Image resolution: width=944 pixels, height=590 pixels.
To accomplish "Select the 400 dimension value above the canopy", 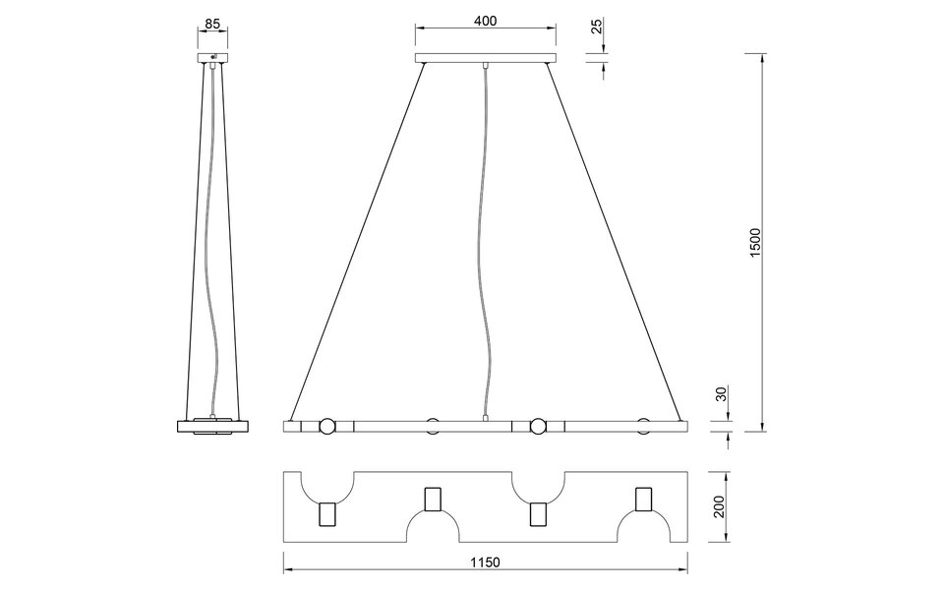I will coord(484,20).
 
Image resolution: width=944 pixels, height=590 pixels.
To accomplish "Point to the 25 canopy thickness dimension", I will coord(597,26).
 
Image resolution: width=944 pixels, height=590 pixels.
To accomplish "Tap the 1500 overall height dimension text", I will coord(755,243).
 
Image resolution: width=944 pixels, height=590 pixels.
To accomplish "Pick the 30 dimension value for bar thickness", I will coord(721,394).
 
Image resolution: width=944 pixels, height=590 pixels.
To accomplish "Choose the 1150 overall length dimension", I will coord(485,562).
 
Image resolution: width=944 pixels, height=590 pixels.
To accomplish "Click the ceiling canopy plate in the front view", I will coord(485,60).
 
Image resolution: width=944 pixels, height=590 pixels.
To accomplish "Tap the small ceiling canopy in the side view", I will coord(212,60).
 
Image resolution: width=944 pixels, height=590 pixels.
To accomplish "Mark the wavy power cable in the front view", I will coord(484,246).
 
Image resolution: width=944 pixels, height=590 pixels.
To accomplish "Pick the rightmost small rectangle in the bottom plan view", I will coord(644,500).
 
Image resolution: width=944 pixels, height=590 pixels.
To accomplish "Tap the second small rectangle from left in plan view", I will coord(433,500).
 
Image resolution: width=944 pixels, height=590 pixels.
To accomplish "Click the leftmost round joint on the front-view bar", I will coord(325,427).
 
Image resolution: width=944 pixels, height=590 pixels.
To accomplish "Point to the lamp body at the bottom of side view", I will coord(212,426).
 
